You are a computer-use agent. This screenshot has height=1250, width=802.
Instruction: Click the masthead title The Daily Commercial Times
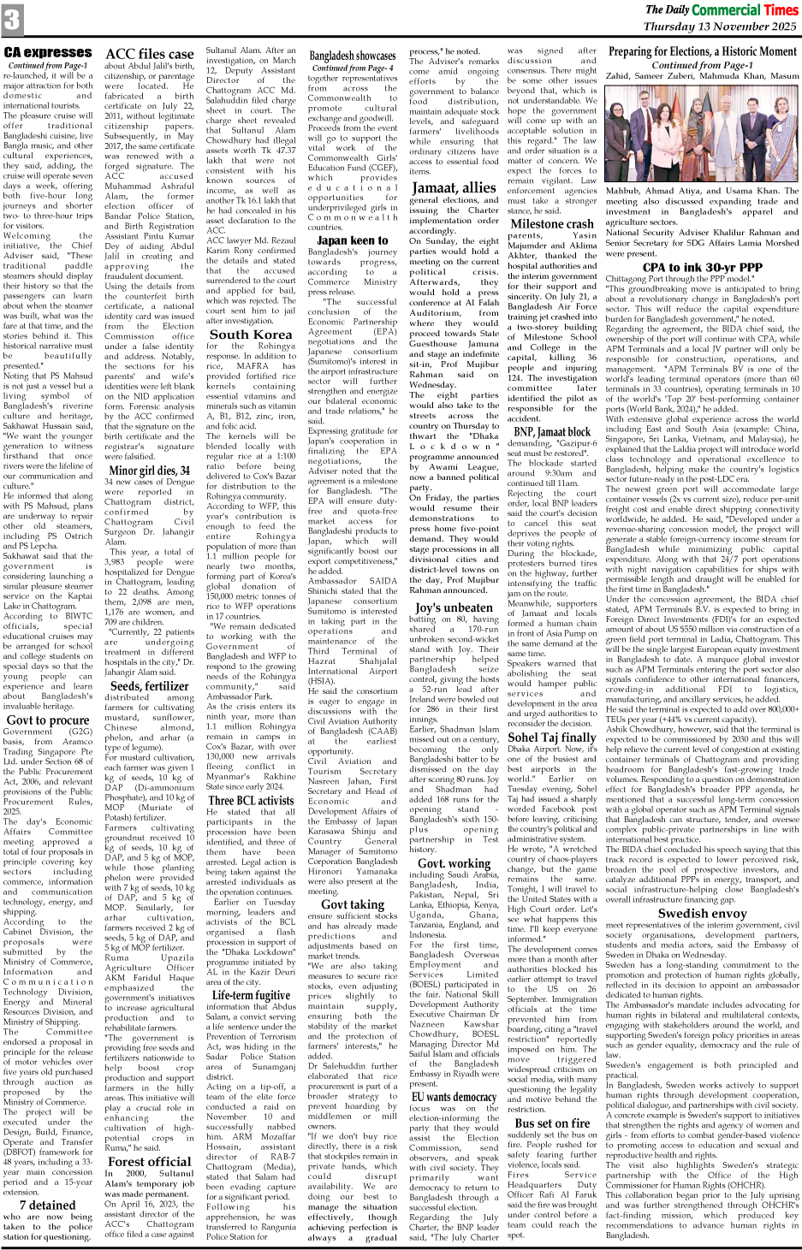(x=721, y=9)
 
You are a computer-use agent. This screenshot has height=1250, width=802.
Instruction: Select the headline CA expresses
(x=48, y=52)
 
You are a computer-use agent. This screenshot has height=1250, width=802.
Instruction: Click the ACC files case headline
(x=150, y=54)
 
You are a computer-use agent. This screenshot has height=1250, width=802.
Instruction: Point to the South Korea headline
(x=250, y=335)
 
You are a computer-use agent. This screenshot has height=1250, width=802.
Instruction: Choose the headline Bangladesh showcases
(x=353, y=56)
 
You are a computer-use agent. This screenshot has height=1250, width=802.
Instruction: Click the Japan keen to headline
(x=352, y=240)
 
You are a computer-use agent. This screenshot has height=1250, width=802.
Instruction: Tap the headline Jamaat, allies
(x=454, y=187)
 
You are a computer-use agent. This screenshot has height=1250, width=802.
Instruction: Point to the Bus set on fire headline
(x=552, y=1123)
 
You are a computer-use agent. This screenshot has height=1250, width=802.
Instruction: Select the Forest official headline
(x=150, y=1161)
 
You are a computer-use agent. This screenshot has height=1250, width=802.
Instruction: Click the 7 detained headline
(x=48, y=1205)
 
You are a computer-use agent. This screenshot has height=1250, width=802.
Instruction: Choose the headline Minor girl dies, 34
(x=150, y=470)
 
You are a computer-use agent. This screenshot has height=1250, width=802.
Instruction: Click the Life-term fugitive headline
(x=251, y=995)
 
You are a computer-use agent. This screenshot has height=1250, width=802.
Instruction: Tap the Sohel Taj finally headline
(x=552, y=737)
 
